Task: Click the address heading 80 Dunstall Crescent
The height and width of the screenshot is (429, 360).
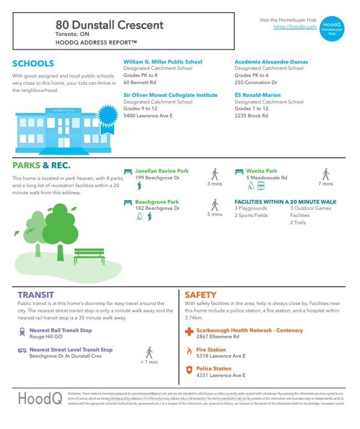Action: click(110, 25)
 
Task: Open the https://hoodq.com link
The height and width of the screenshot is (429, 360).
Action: click(295, 27)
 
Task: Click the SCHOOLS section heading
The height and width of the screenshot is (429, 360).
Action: click(33, 64)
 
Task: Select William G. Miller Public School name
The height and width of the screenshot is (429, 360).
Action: click(163, 62)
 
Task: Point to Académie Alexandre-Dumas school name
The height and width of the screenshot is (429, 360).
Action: click(271, 62)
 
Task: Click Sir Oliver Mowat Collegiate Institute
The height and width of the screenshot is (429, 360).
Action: click(171, 95)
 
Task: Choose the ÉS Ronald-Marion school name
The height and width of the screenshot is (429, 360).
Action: click(257, 95)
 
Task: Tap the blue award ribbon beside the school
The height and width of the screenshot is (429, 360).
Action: click(108, 117)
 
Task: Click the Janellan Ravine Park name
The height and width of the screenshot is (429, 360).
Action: click(162, 171)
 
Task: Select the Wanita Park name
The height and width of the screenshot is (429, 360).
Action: click(261, 171)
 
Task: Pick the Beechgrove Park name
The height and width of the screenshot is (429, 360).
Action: click(157, 202)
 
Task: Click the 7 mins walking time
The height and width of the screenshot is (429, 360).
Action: click(326, 184)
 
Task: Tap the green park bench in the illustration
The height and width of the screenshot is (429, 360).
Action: click(89, 256)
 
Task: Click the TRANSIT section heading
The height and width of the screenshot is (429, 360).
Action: click(35, 295)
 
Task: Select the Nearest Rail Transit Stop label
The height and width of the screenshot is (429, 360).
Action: click(60, 330)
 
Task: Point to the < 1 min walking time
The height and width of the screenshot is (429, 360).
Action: click(148, 362)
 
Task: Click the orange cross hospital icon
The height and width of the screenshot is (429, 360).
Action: click(189, 332)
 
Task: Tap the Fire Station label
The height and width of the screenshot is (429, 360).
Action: click(211, 350)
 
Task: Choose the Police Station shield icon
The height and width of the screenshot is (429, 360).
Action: click(189, 370)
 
